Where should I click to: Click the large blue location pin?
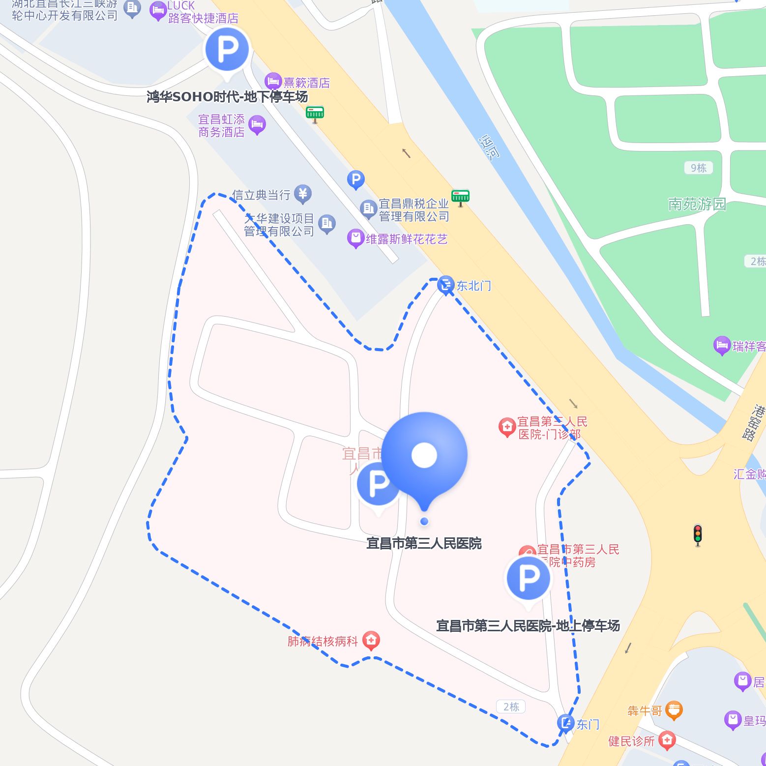click(x=424, y=455)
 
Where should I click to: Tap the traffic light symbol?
click(x=697, y=534)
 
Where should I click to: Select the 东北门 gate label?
click(x=473, y=286)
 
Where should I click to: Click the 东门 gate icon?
click(x=565, y=723)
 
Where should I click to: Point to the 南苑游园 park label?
click(x=697, y=204)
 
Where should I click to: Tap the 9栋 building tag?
click(x=698, y=168)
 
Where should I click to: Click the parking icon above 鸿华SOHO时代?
click(x=227, y=50)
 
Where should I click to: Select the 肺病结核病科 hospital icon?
click(x=371, y=640)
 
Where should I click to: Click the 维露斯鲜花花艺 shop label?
click(x=407, y=239)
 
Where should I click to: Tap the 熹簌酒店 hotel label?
click(x=306, y=83)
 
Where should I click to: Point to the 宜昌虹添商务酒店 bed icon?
click(x=257, y=124)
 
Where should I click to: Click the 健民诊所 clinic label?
click(x=631, y=741)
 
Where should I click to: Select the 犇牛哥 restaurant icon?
click(x=674, y=710)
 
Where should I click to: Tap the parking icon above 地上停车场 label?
click(x=529, y=578)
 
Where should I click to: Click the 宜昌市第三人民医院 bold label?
click(x=424, y=543)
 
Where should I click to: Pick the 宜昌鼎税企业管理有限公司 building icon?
click(x=368, y=209)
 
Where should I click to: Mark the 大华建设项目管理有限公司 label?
click(x=279, y=225)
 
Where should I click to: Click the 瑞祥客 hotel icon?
click(x=722, y=346)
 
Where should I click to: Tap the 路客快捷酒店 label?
click(x=203, y=18)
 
